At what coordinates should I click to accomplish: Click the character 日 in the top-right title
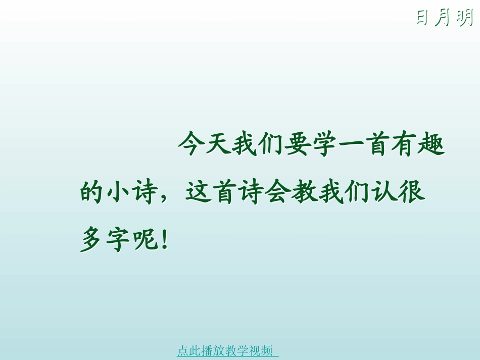(x=422, y=18)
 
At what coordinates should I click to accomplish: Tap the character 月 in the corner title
(x=442, y=18)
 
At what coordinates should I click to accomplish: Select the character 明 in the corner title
(x=463, y=18)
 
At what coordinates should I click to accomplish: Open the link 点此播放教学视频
(x=227, y=350)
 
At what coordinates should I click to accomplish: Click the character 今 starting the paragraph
(x=191, y=145)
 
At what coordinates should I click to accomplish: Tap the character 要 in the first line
(x=297, y=145)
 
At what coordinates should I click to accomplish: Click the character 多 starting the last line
(x=92, y=239)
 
